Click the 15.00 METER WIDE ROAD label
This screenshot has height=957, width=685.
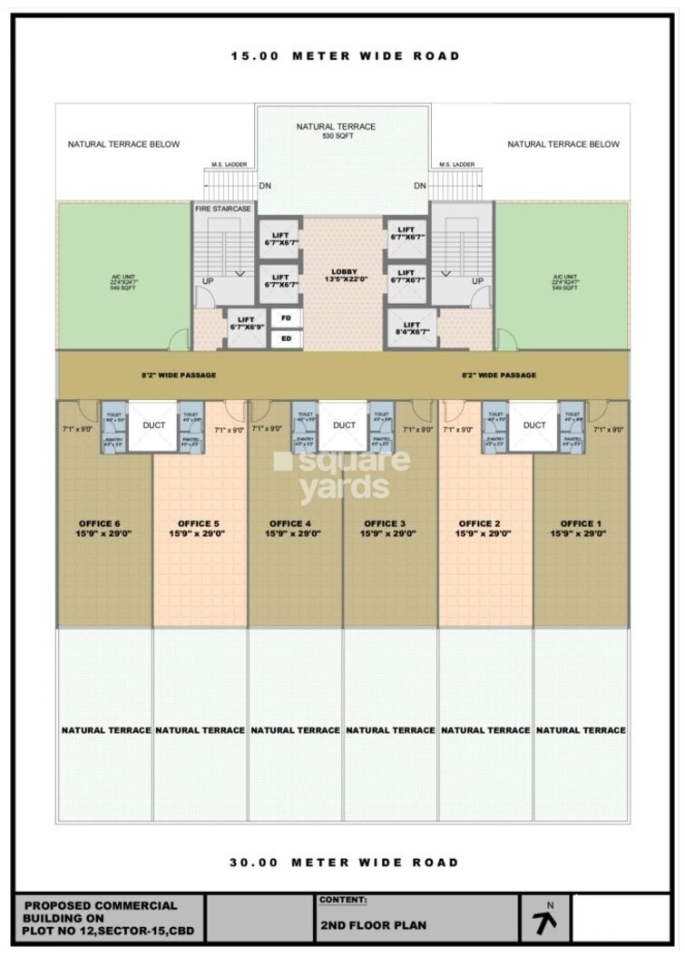coord(345,56)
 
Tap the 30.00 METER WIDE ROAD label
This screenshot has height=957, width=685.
coord(345,863)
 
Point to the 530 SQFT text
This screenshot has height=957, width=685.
coord(336,136)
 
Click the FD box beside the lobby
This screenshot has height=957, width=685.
coord(287,318)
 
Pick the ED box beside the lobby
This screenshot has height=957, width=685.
coord(287,339)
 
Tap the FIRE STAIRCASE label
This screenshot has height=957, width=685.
coord(222,209)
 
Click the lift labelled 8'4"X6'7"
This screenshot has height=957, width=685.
coord(411,329)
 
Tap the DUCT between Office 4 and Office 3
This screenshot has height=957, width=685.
coord(344,425)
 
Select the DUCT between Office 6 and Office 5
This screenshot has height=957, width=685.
coord(152,425)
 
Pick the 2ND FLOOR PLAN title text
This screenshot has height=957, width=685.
coord(361,926)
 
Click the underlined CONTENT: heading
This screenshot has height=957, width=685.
coord(343,900)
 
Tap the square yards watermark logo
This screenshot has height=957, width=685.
coord(342,474)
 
